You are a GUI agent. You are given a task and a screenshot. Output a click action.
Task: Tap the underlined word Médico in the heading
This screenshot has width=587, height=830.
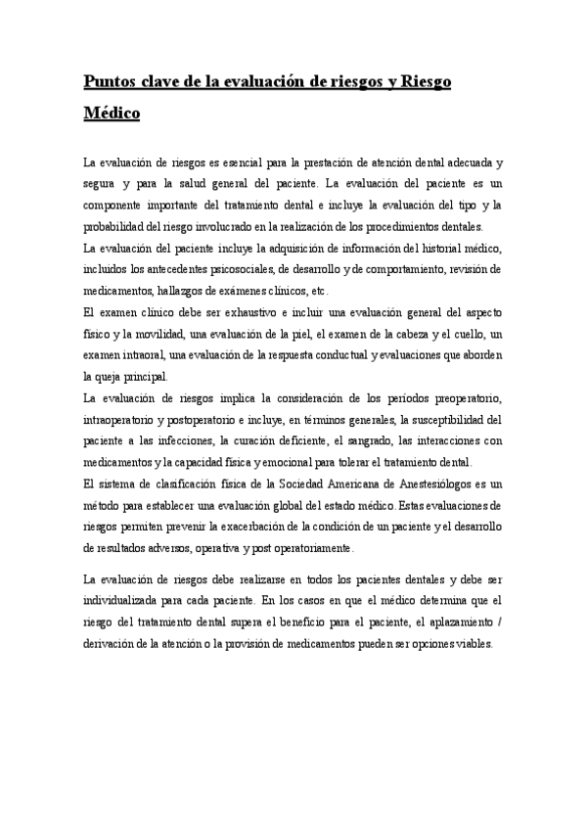pyautogui.click(x=112, y=114)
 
